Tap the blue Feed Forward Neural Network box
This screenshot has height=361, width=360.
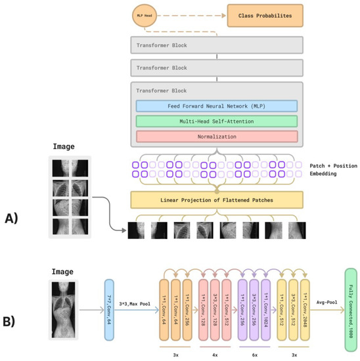[x=217, y=106]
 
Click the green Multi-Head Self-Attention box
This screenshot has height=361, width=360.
[x=217, y=121]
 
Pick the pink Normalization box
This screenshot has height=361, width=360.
[x=217, y=137]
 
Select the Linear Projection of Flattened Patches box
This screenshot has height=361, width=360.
[x=217, y=200]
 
